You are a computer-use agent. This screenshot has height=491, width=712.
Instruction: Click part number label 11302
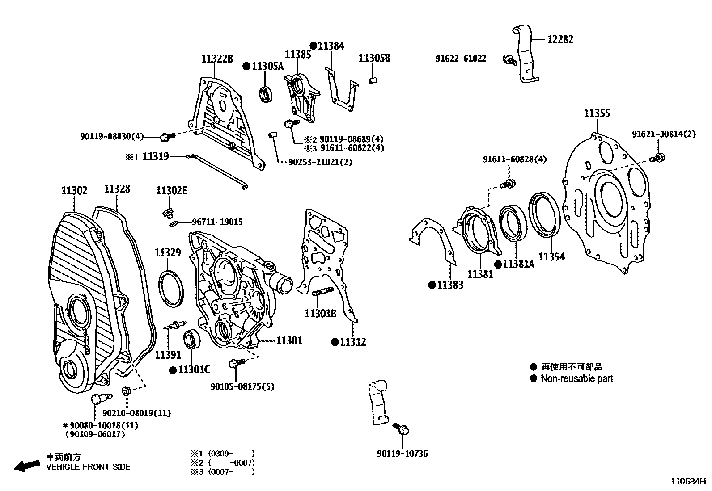(x=74, y=191)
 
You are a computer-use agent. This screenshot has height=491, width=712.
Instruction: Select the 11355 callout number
(x=597, y=113)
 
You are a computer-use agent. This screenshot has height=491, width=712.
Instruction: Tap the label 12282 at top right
(x=560, y=39)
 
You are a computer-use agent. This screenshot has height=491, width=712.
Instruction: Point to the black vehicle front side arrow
(x=26, y=466)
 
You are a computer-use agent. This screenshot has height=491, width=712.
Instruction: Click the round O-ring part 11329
(x=171, y=288)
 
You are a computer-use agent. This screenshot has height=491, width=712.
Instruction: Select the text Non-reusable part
(x=576, y=378)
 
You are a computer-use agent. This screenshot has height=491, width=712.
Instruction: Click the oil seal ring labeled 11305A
(x=267, y=95)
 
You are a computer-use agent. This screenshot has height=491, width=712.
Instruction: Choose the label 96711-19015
(x=217, y=222)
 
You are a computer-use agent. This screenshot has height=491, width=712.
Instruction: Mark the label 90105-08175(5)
(x=242, y=386)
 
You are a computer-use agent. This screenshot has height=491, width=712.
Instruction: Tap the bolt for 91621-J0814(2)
(x=657, y=157)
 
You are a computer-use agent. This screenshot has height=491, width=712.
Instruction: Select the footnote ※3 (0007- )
(x=222, y=472)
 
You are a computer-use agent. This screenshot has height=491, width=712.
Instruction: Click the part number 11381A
(x=518, y=264)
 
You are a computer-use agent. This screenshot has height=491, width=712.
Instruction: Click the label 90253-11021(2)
(x=314, y=162)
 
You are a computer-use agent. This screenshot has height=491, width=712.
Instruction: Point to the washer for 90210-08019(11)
(x=126, y=392)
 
